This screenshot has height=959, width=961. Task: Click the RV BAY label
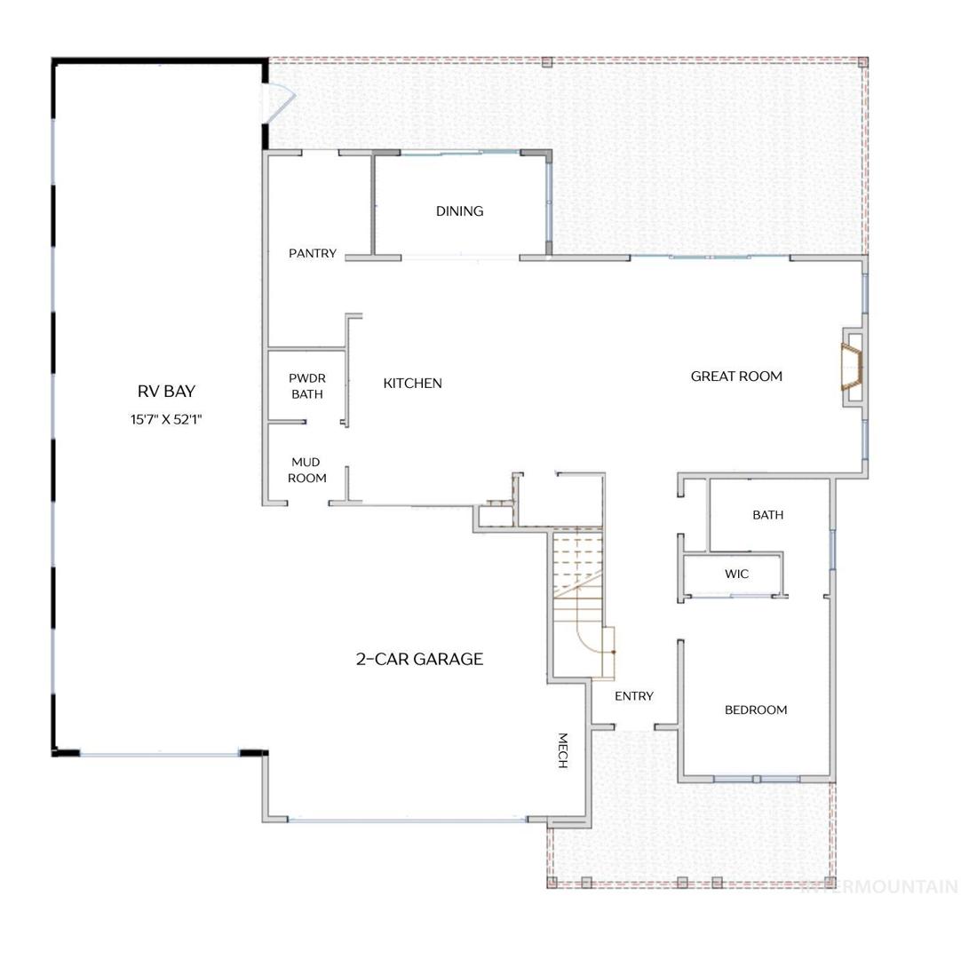166,391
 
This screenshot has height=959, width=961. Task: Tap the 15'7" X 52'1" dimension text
166,420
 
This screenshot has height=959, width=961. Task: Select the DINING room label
460,211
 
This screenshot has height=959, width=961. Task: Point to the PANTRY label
313,253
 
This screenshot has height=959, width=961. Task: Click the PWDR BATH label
307,386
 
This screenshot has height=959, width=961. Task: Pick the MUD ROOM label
306,470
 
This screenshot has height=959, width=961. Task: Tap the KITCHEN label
412,384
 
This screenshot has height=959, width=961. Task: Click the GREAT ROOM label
736,376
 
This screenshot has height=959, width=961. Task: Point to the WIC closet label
736,575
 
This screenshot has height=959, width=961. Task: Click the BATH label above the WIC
768,515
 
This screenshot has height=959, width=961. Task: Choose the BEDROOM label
756,709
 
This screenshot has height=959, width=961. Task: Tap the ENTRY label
634,696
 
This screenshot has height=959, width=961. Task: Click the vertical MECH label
562,750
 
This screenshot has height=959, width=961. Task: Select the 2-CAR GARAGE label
419,659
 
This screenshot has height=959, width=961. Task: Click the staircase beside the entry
580,605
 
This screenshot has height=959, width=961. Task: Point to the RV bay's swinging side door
279,103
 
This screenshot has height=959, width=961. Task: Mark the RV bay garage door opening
159,754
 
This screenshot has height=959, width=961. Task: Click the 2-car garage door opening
408,819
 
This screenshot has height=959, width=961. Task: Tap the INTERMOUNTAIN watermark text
880,886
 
